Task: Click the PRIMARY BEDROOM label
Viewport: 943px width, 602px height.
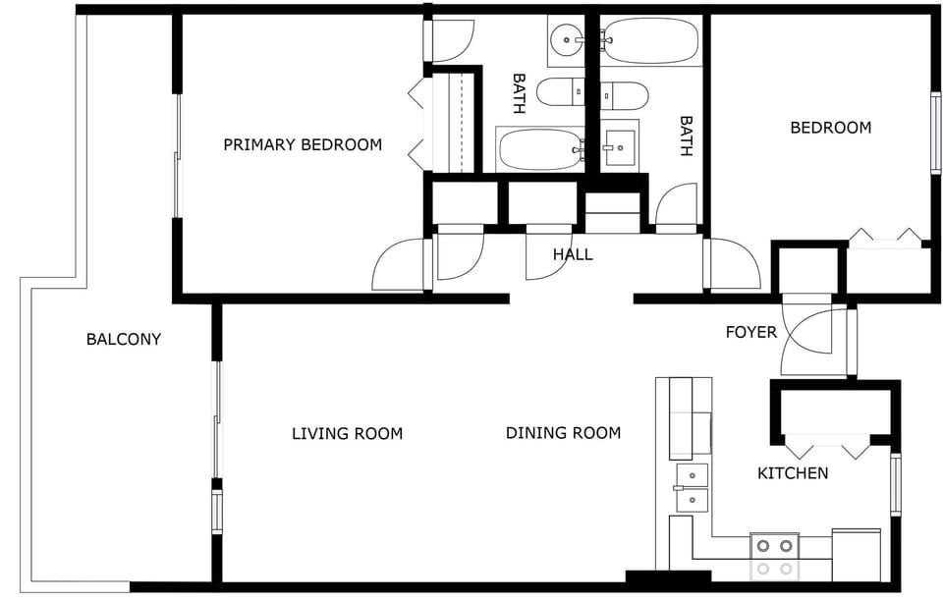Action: [303, 145]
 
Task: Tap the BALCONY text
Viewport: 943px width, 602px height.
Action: [124, 340]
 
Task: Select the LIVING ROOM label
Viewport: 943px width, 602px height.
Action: [347, 433]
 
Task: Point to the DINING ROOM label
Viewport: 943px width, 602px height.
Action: [563, 433]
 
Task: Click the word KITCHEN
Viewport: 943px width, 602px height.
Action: [792, 473]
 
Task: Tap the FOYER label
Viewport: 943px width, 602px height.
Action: [750, 332]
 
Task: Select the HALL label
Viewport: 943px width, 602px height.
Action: [573, 254]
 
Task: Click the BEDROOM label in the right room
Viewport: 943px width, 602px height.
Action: [830, 128]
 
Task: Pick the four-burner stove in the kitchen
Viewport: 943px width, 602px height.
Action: [774, 556]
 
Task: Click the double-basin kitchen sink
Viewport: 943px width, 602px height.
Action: [692, 487]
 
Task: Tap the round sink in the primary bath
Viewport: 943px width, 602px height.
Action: [567, 40]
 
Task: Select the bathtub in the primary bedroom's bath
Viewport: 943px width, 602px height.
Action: [539, 150]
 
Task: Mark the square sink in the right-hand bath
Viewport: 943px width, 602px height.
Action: [619, 147]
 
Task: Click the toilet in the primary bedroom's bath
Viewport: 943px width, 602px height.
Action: [563, 92]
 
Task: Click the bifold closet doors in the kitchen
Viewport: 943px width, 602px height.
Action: [828, 447]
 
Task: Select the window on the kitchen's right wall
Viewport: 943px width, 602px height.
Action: [895, 483]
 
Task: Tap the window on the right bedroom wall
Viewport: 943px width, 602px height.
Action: [935, 133]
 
